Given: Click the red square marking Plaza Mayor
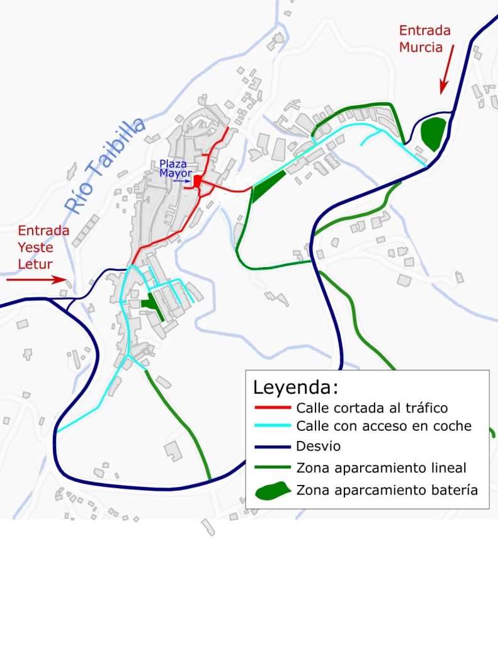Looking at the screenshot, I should [x=197, y=181].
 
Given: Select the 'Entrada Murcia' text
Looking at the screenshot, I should [x=425, y=38].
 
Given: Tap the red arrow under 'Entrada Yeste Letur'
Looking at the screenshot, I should [x=35, y=278].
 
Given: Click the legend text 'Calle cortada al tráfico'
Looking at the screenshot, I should [x=371, y=408].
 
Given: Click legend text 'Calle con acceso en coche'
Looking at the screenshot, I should [x=383, y=426].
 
